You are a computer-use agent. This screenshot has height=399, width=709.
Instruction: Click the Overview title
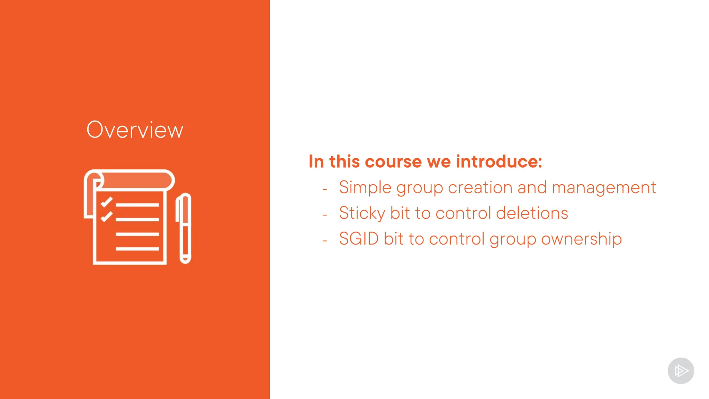point(135,130)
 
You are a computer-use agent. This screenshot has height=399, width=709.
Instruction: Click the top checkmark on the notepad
point(106,202)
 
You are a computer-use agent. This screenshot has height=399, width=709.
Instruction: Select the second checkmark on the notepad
point(106,216)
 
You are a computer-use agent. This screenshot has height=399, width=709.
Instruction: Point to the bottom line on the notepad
point(137,249)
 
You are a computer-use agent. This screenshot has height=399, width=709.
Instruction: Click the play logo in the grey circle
point(681,371)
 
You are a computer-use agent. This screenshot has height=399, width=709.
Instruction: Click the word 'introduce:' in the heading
point(499,162)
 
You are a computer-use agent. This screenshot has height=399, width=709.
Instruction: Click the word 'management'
point(604,188)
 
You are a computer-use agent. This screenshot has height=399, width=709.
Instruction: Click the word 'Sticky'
point(362,213)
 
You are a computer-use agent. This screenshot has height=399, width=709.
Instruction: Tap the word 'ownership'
point(581,239)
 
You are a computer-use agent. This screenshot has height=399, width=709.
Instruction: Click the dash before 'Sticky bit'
point(325,215)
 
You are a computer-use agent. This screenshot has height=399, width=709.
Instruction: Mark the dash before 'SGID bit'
point(325,241)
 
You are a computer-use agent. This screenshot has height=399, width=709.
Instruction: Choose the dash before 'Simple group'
point(325,189)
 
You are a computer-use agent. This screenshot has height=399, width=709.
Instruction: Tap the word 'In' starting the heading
point(316,162)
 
